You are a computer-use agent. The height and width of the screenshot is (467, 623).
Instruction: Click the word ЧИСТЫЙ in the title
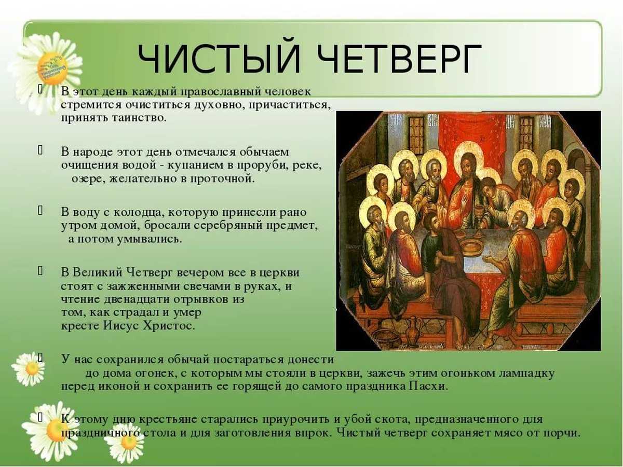219,59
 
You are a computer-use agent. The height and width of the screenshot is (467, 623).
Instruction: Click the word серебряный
226,226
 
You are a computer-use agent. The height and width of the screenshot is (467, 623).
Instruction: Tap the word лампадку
526,374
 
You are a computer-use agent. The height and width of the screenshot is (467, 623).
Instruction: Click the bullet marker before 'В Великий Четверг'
40,271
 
